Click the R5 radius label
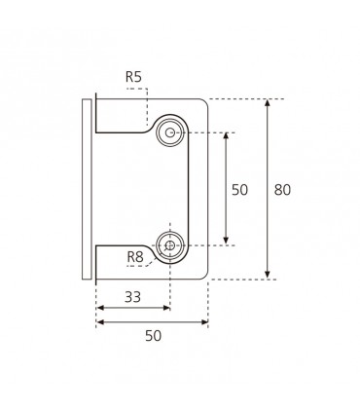pos(133,77)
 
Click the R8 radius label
pos(135,257)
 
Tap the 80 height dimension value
pos(282,190)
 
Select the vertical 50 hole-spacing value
pos(239,190)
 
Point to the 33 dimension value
pos(133,297)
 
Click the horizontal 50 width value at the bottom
pos(153,336)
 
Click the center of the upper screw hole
pos(169,132)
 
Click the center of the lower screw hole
pos(169,245)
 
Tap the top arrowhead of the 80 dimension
pos(268,102)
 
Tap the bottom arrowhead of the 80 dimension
pos(268,275)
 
